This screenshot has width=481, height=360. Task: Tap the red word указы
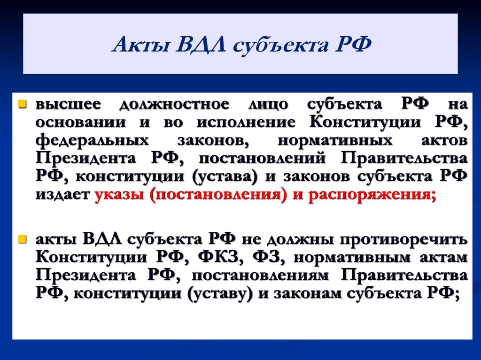coord(120,195)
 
